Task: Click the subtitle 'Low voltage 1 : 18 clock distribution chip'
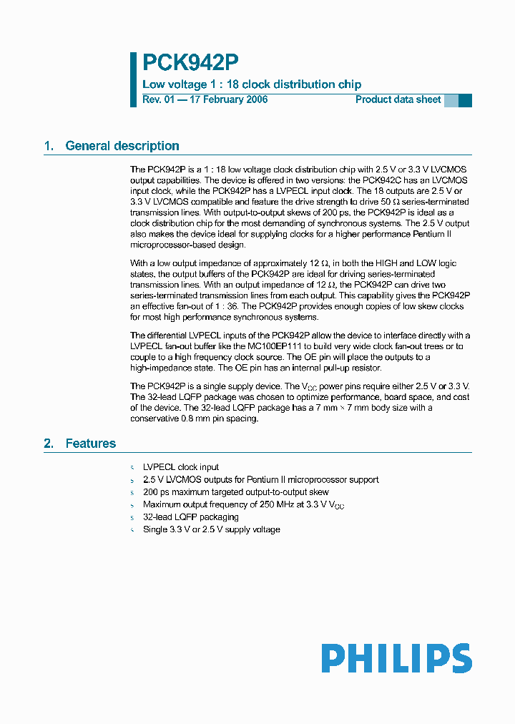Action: click(x=252, y=84)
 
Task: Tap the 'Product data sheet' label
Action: click(x=398, y=99)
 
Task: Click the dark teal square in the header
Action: click(x=465, y=100)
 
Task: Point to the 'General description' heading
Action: click(x=122, y=146)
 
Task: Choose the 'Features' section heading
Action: click(x=90, y=444)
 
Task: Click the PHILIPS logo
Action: click(x=396, y=658)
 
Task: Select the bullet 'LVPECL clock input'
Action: click(x=181, y=467)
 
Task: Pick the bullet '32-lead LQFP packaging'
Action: click(x=190, y=517)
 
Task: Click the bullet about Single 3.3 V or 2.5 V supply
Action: click(x=211, y=529)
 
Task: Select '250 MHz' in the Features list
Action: click(x=270, y=505)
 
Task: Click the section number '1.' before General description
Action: click(x=49, y=146)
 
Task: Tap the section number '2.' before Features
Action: click(x=49, y=444)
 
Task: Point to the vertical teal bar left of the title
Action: click(x=133, y=79)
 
